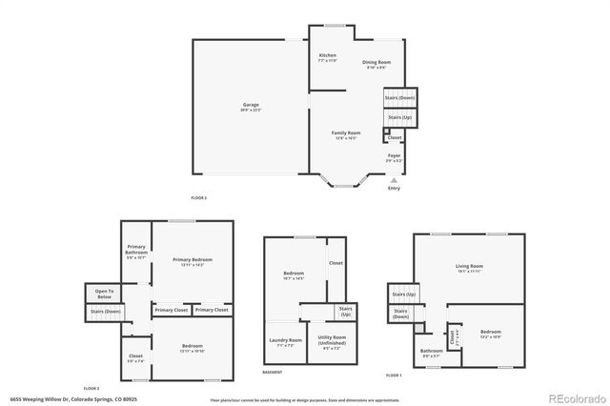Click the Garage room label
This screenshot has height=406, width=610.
point(252,106)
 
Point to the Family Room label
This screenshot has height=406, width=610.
point(345,134)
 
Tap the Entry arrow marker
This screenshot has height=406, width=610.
point(394,181)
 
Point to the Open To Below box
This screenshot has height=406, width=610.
point(104,293)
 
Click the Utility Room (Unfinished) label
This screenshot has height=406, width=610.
point(331,339)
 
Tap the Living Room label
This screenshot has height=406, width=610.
point(468,268)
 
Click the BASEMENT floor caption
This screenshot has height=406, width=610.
point(272,372)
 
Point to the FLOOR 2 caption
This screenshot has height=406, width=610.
point(198,197)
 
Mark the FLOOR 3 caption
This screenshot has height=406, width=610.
point(91,388)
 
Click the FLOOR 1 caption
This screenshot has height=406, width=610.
point(394,376)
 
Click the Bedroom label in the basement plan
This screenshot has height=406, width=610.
point(294,275)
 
